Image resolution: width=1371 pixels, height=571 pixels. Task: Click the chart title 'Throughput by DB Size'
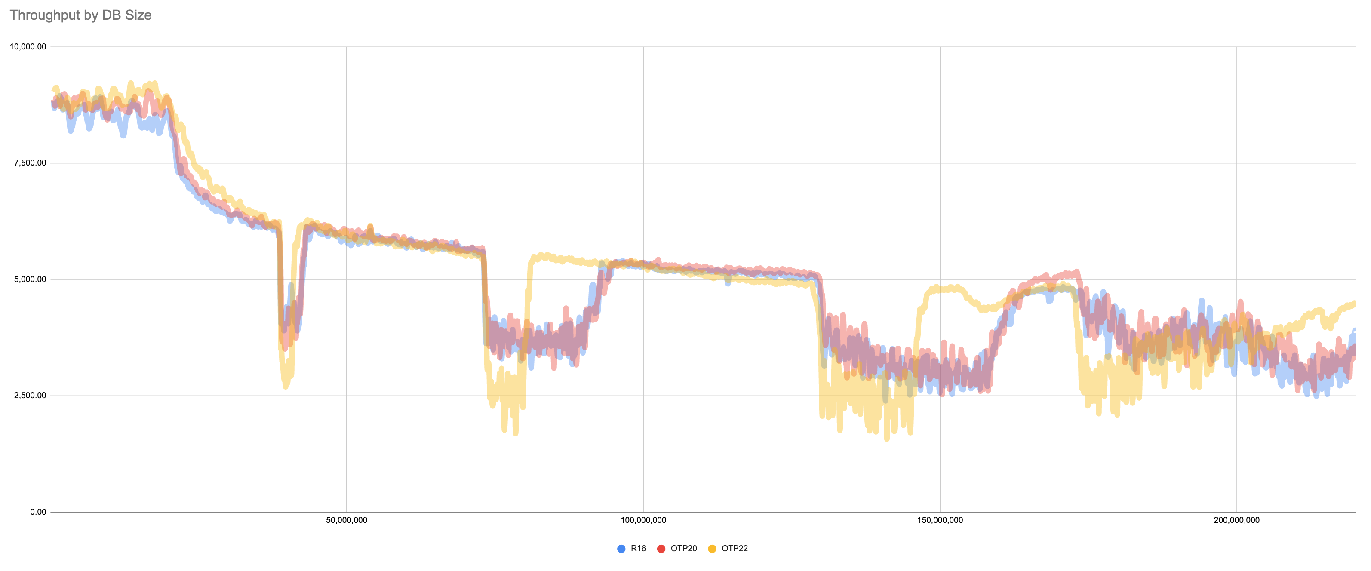click(x=80, y=15)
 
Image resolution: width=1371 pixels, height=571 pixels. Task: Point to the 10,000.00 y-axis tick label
click(x=28, y=47)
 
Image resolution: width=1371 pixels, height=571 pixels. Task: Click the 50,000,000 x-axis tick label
click(x=347, y=520)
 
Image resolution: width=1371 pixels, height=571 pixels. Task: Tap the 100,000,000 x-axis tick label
click(x=643, y=520)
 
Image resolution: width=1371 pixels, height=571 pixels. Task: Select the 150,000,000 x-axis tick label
click(x=940, y=520)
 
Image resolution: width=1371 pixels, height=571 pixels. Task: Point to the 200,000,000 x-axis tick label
click(x=1236, y=520)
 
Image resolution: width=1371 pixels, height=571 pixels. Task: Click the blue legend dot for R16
click(x=621, y=549)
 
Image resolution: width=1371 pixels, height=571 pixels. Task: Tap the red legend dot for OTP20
click(x=661, y=549)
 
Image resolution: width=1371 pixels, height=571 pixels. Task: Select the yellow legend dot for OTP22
click(x=712, y=549)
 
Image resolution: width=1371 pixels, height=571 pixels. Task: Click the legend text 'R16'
click(x=638, y=549)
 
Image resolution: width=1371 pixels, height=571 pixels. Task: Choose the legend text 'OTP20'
click(x=683, y=549)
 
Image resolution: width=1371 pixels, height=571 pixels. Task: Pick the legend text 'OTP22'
click(x=735, y=549)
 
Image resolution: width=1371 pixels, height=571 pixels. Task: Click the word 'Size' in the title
click(x=138, y=15)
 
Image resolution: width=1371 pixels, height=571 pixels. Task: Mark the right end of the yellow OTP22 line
click(x=1354, y=303)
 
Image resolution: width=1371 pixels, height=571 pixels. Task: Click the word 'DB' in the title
click(x=111, y=15)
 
